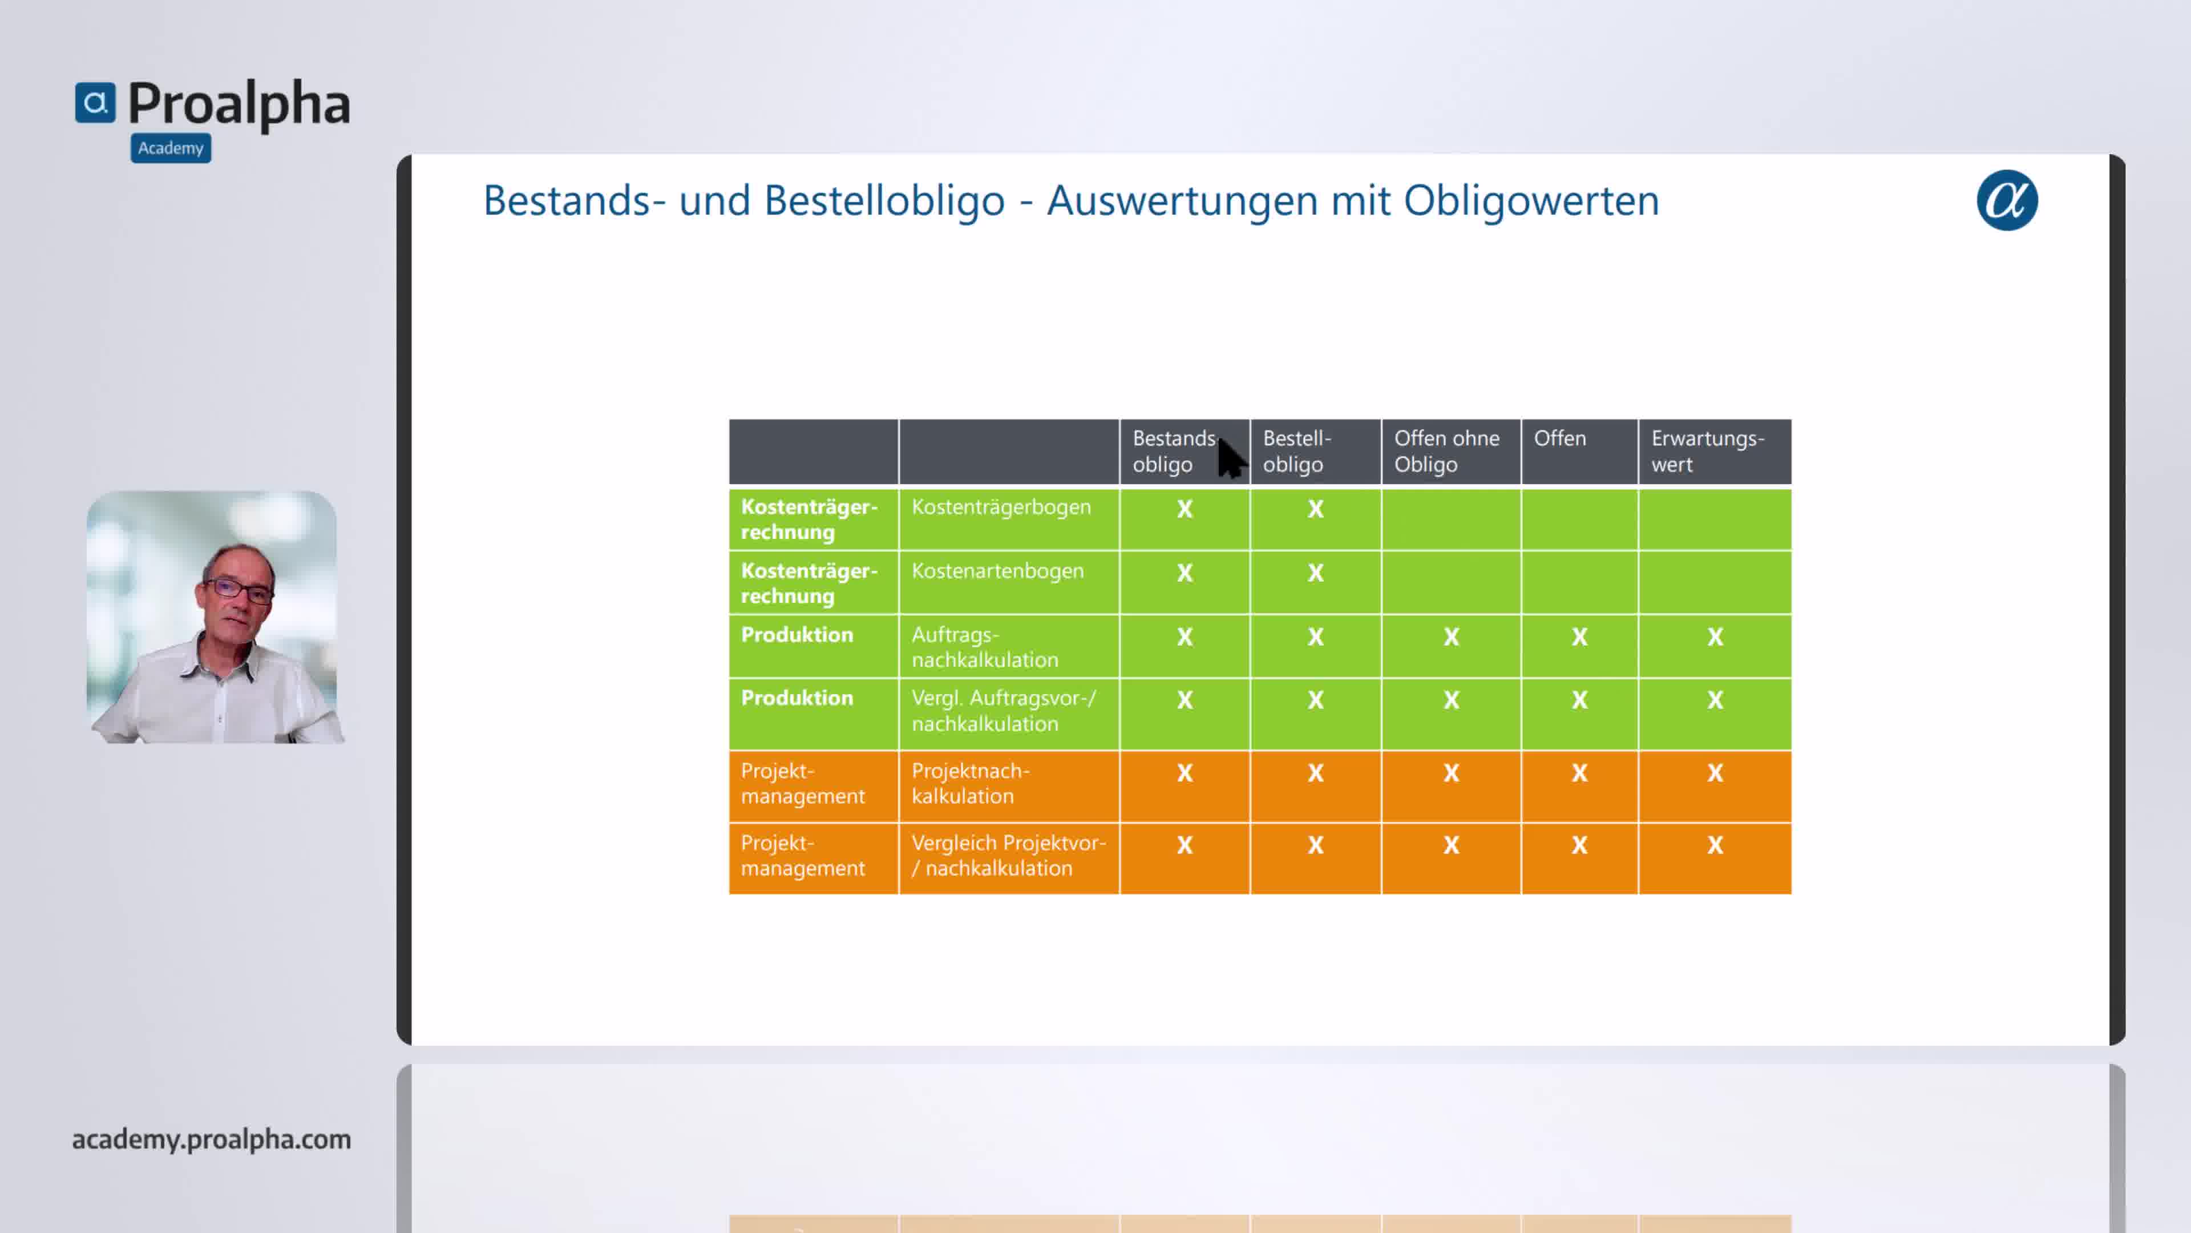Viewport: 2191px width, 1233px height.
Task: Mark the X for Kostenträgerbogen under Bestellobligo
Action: click(x=1315, y=509)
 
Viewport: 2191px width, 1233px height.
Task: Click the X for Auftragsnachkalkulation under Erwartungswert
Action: click(x=1715, y=636)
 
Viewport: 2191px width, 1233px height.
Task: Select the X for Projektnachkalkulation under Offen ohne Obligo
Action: click(x=1451, y=773)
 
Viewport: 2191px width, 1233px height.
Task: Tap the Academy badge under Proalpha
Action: click(x=171, y=148)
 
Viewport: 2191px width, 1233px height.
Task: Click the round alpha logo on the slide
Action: click(x=2007, y=201)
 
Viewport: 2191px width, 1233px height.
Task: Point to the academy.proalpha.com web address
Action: click(x=211, y=1139)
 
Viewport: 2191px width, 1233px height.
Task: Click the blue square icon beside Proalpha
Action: click(x=95, y=103)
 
